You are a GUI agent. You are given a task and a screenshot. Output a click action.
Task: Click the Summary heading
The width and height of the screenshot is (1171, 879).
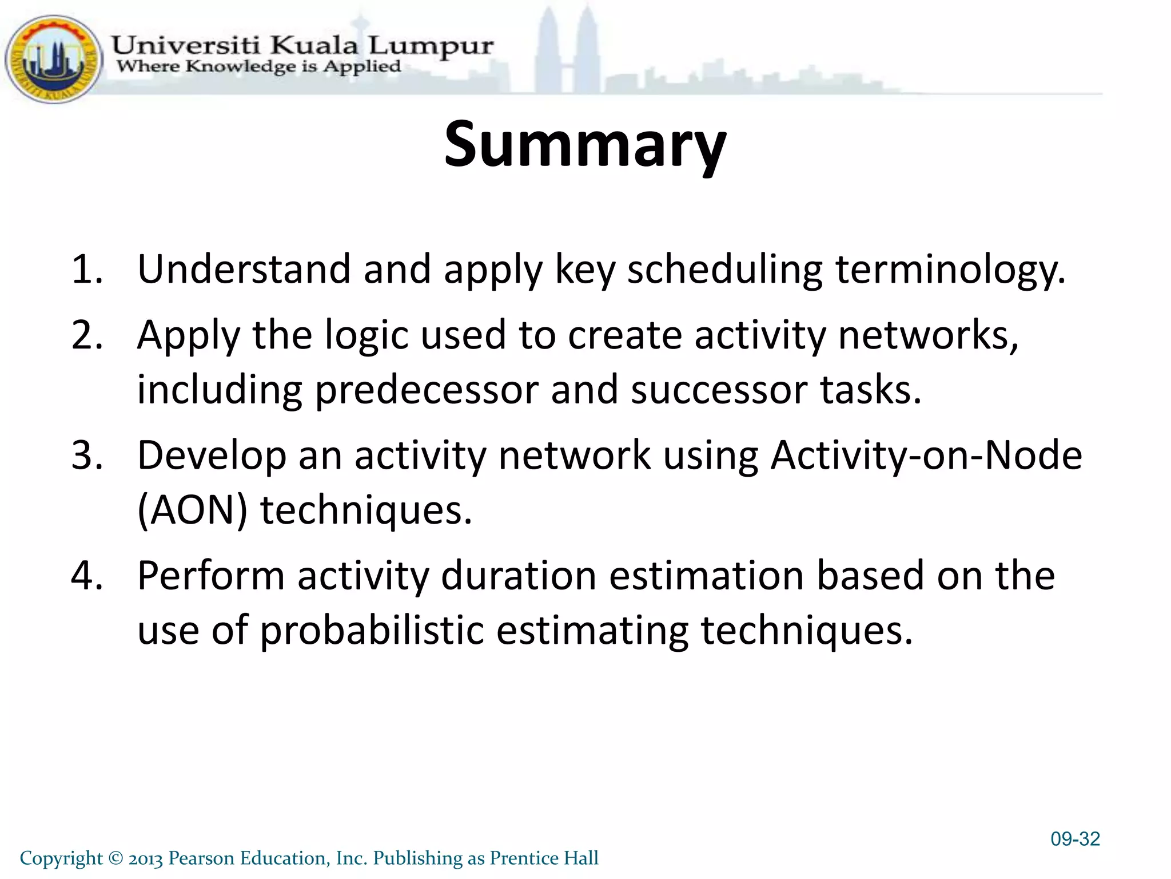pos(585,144)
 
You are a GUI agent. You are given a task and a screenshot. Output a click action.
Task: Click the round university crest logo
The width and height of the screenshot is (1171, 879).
pos(53,60)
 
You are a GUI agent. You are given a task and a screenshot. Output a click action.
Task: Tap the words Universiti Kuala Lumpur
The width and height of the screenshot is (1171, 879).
pos(301,45)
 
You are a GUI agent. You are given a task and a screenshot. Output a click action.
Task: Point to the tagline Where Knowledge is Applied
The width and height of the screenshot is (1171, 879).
pos(258,66)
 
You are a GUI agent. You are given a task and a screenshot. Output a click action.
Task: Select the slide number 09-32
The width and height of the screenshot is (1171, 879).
pos(1075,839)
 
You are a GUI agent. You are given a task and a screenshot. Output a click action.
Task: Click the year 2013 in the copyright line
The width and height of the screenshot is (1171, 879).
pos(146,858)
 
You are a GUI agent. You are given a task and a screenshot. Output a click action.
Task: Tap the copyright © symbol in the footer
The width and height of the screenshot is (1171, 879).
pos(115,858)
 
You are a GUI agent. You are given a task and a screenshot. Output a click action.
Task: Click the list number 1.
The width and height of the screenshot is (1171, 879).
pos(86,269)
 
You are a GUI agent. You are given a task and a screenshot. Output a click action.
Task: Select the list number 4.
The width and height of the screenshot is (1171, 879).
pos(86,576)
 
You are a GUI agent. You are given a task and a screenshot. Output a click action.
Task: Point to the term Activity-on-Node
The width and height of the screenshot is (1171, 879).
pos(926,456)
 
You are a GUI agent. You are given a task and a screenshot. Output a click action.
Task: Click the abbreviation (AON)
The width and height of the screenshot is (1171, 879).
pos(193,510)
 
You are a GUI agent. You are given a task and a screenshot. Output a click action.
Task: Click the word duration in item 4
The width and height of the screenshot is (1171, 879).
pos(519,576)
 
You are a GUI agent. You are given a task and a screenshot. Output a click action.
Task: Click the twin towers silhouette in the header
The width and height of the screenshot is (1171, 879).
pos(567,52)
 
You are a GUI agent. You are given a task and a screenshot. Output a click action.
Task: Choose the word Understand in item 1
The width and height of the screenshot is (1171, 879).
pos(244,269)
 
